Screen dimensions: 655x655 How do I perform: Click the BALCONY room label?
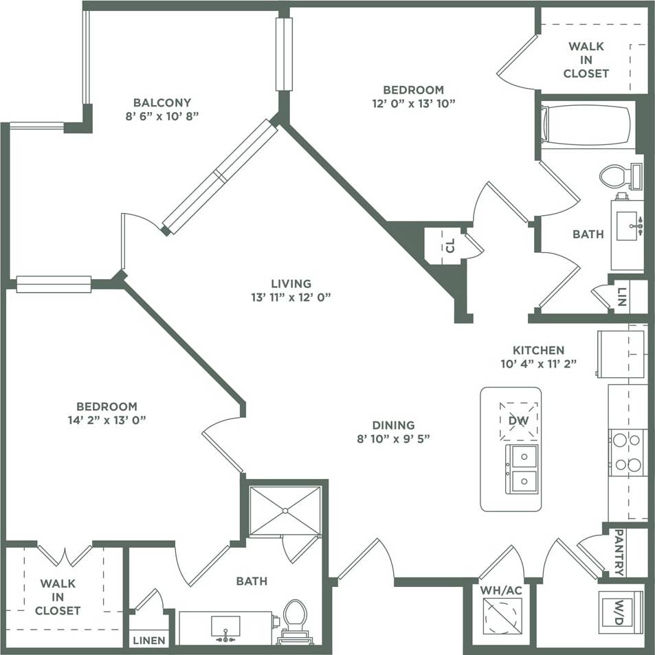(162, 102)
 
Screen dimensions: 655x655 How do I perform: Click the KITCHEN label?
(538, 350)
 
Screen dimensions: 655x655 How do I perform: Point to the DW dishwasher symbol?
(518, 420)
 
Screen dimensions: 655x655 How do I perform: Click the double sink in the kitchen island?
(522, 468)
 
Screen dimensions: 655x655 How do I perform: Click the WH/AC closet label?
(500, 590)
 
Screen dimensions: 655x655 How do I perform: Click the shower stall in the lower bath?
(285, 510)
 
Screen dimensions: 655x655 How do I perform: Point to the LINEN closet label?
(149, 640)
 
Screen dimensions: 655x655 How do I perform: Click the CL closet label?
(450, 246)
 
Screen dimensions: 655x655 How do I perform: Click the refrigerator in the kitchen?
(621, 354)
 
